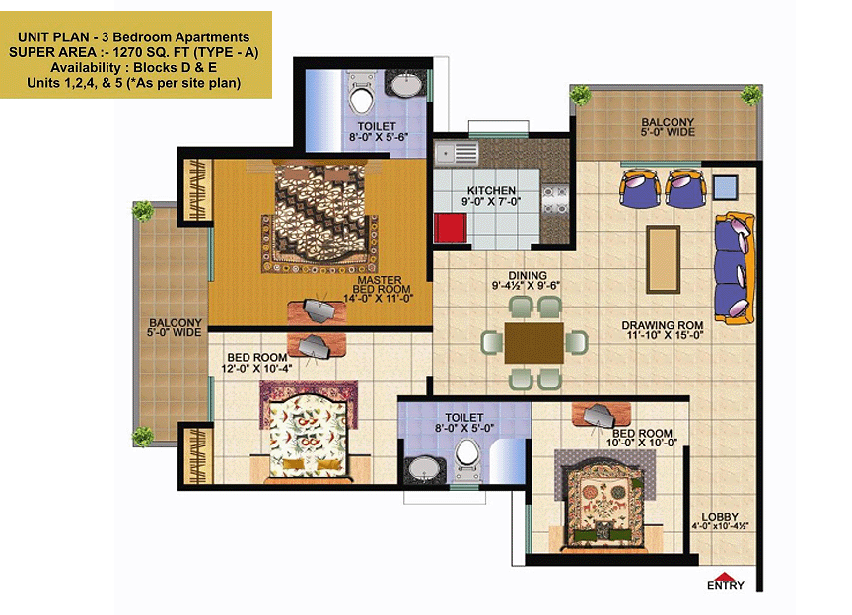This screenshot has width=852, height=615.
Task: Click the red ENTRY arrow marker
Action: click(x=725, y=576)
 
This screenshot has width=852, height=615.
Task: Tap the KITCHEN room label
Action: click(x=491, y=190)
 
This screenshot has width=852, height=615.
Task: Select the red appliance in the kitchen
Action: click(x=451, y=229)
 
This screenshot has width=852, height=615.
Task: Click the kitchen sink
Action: click(x=457, y=154)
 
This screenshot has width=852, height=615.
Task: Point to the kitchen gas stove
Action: click(x=555, y=199)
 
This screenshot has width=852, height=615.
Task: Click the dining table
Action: click(x=533, y=343)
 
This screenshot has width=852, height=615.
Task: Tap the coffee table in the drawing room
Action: click(x=663, y=259)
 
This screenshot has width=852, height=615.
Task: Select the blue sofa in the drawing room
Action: click(x=735, y=268)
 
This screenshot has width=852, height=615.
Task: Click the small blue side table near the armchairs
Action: click(x=725, y=187)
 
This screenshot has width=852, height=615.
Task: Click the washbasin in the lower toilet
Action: click(x=423, y=468)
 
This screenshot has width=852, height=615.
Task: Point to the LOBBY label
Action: click(x=720, y=517)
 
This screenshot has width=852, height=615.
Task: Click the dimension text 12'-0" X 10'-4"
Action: click(x=256, y=368)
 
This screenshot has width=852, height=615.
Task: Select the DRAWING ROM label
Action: click(x=663, y=325)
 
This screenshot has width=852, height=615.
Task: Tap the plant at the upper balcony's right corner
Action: click(x=751, y=95)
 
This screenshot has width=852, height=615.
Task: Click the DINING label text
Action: click(x=528, y=275)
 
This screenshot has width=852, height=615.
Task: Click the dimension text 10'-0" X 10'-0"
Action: click(x=642, y=443)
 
